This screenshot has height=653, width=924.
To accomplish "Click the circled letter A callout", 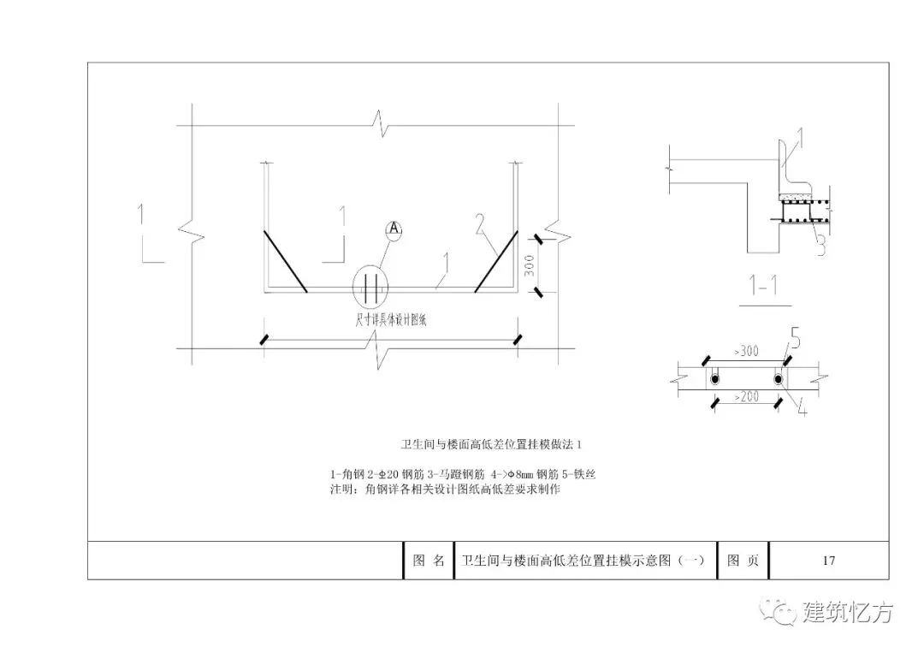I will (394, 229).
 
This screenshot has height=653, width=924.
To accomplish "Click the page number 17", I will (828, 561).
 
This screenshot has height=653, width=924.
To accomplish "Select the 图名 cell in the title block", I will (429, 561).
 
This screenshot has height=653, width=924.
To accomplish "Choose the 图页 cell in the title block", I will (742, 561).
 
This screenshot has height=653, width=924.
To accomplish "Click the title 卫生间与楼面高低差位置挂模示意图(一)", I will (583, 561).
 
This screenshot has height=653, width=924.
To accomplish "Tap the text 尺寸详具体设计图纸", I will (370, 318).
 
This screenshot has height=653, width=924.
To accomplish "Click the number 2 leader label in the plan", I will (481, 224).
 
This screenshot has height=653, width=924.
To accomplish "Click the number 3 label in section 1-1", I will (819, 246).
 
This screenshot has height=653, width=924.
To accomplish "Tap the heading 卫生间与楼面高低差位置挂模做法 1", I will (492, 445).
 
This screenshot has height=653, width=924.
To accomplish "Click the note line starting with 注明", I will (445, 490).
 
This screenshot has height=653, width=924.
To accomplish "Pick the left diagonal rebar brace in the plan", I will (285, 261).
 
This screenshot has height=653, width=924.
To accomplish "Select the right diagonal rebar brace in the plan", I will (495, 261).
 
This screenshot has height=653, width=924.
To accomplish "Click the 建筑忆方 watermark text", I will (847, 613).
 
